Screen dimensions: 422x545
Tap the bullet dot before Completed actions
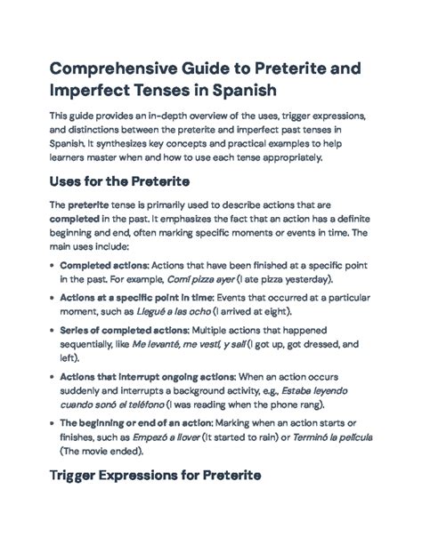(x=52, y=264)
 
